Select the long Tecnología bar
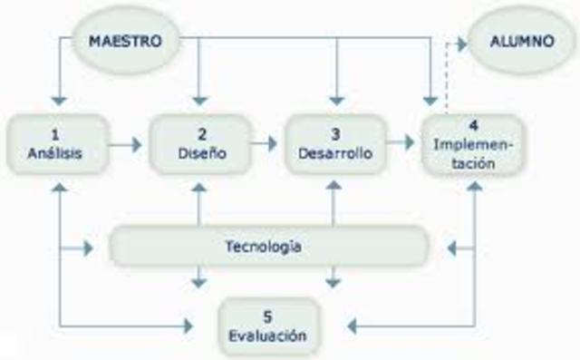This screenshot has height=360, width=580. point(267,247)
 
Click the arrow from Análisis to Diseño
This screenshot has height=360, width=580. point(127,143)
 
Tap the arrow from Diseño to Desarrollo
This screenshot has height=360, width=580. point(264,142)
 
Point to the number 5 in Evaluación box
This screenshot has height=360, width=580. point(267,316)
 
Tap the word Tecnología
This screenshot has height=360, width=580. point(263,247)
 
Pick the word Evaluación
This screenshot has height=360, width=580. point(267,336)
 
